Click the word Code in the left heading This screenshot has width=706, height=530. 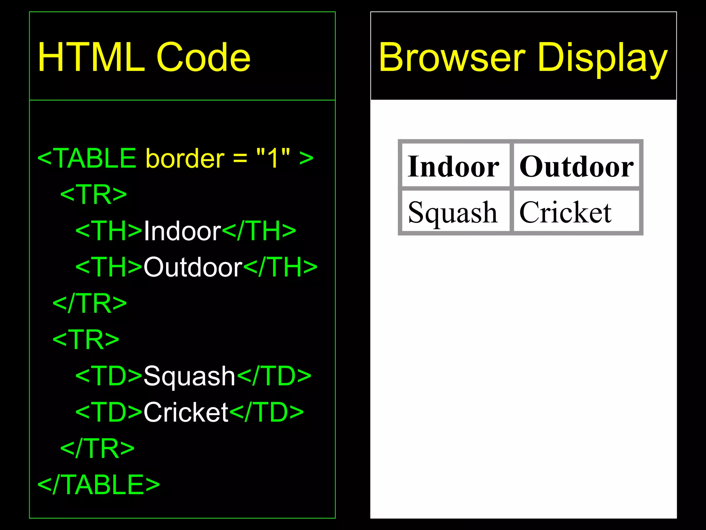click(x=203, y=58)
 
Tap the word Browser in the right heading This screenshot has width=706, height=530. click(x=452, y=58)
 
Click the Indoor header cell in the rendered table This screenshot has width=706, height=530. click(x=454, y=166)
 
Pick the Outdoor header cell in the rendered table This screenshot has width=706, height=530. click(x=576, y=166)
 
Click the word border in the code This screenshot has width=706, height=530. click(x=185, y=158)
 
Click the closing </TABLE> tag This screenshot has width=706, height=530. click(x=99, y=484)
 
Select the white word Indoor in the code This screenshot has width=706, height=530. click(x=182, y=231)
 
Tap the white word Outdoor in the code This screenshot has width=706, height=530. click(x=193, y=267)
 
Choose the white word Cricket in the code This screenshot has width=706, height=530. click(x=186, y=412)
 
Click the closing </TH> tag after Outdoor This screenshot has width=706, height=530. click(x=280, y=267)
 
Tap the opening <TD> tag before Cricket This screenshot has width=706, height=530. click(x=109, y=412)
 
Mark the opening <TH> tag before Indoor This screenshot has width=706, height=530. click(x=109, y=231)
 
